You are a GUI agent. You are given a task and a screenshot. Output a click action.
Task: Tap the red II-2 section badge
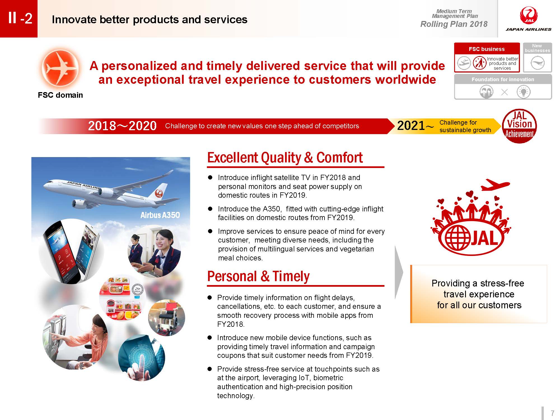(19, 18)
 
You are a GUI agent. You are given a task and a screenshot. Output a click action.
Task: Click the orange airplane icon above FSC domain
(60, 68)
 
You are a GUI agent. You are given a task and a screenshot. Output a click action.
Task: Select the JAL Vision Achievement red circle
(519, 126)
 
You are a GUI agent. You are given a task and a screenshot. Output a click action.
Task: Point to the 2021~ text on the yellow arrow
(416, 126)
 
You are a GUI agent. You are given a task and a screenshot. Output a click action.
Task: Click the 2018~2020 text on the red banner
(122, 126)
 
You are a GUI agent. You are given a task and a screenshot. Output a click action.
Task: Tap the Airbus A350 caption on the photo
(160, 215)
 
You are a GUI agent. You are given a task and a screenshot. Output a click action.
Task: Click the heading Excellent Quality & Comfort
(285, 157)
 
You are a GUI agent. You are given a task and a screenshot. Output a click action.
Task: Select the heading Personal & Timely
(258, 276)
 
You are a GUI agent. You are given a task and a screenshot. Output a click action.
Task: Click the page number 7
(552, 413)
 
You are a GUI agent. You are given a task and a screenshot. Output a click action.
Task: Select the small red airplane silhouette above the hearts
(495, 185)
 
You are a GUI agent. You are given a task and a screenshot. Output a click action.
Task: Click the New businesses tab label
(537, 48)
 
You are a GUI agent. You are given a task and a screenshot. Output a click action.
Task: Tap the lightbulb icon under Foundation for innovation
(523, 92)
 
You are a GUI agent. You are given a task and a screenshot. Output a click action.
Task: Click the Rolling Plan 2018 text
(454, 24)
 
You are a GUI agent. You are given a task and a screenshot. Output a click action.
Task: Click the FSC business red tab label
(487, 49)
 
